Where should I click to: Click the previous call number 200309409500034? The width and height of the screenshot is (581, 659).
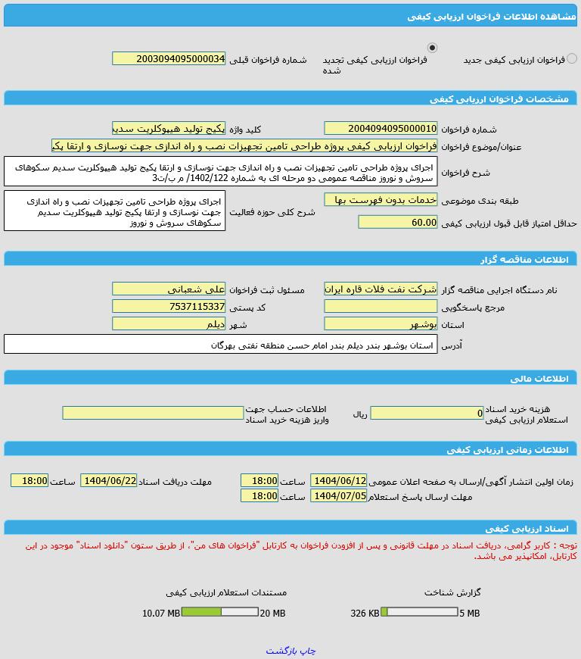(x=169, y=58)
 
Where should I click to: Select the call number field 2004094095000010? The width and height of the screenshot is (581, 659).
(x=381, y=128)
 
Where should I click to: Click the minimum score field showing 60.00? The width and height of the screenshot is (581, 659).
(x=397, y=222)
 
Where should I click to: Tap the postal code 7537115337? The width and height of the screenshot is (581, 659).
(x=169, y=306)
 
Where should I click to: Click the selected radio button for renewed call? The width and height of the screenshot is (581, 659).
(x=432, y=48)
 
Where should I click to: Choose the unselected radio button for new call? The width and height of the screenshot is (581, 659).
(x=572, y=58)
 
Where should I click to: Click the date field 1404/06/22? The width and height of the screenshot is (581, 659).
(x=109, y=480)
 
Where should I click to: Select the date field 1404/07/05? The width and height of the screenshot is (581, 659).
(x=338, y=495)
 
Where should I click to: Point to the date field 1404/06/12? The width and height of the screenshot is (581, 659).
(x=338, y=480)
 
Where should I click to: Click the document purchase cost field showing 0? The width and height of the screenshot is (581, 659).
(x=427, y=413)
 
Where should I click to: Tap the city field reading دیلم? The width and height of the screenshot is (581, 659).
(x=169, y=323)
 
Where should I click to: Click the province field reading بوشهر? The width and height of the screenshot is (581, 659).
(x=381, y=323)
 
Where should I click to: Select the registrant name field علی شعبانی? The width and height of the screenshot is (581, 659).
(x=169, y=289)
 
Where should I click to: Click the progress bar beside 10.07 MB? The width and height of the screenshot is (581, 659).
(x=219, y=612)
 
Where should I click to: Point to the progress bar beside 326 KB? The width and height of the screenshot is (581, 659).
(x=419, y=612)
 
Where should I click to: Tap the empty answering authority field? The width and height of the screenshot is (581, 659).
(x=381, y=306)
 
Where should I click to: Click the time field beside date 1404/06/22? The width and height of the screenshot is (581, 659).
(x=30, y=480)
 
